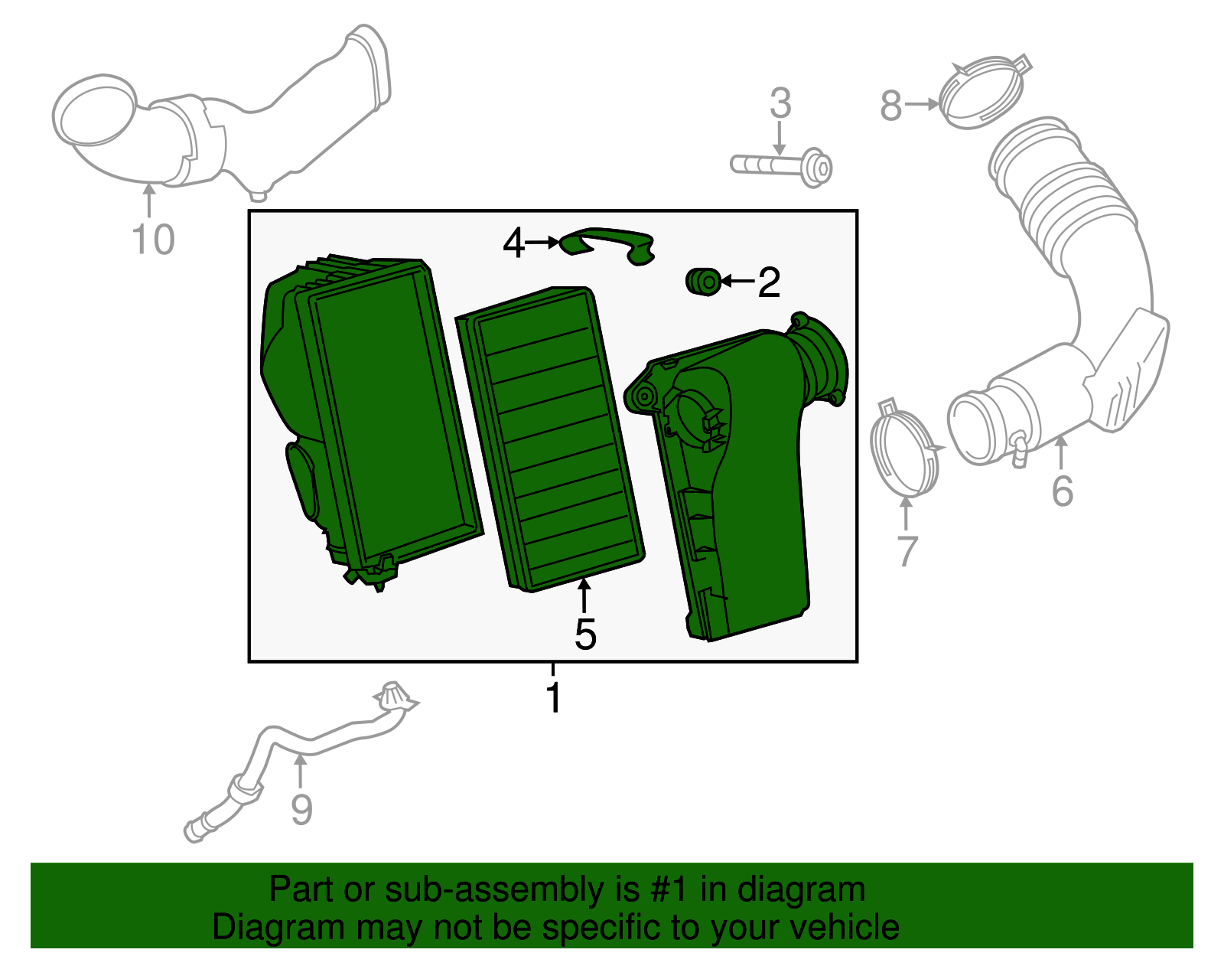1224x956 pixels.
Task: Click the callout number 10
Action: click(154, 240)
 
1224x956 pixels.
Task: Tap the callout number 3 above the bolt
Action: click(780, 103)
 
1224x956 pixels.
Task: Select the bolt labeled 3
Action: click(780, 166)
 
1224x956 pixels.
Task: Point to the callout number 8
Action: click(891, 106)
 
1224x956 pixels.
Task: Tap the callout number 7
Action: click(907, 550)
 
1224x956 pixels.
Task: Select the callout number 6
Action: click(1063, 491)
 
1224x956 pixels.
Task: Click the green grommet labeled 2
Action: click(703, 282)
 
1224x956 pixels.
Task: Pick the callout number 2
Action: click(768, 282)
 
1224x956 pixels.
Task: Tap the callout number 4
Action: click(514, 243)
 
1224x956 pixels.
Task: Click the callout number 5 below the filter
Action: click(585, 635)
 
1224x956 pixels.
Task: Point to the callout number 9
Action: click(301, 810)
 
